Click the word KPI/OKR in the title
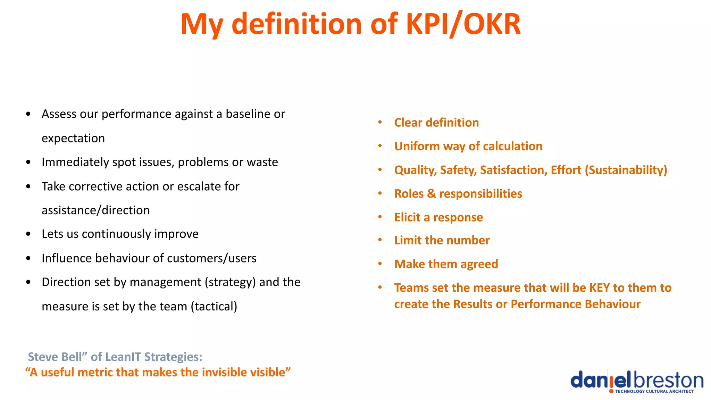click(x=463, y=24)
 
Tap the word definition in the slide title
click(x=297, y=24)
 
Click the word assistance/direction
click(x=95, y=210)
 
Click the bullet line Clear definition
click(x=436, y=123)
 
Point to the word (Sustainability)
click(x=626, y=170)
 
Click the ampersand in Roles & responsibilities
click(x=431, y=194)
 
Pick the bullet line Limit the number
click(x=442, y=240)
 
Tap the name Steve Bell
click(x=55, y=357)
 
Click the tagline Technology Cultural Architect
click(x=654, y=391)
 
